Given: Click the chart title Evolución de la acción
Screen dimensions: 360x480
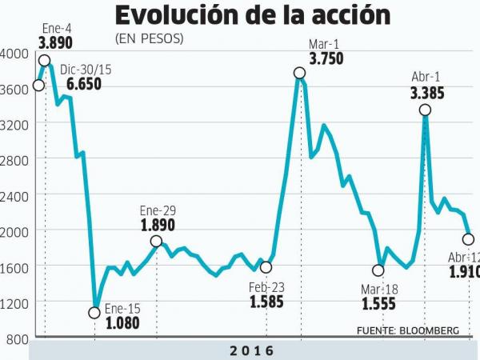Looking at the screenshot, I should [x=253, y=16].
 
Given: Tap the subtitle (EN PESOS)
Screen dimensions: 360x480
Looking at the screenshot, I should [x=149, y=38].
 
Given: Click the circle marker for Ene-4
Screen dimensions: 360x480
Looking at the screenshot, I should [x=45, y=61].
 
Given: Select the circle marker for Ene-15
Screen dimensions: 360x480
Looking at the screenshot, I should [x=94, y=313].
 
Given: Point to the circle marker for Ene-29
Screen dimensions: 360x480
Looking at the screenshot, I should [x=156, y=241].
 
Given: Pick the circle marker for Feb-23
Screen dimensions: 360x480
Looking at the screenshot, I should [x=266, y=267].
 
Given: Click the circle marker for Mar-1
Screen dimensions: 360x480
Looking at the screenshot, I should [x=300, y=73].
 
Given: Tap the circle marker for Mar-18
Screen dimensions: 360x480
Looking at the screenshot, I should [x=378, y=270].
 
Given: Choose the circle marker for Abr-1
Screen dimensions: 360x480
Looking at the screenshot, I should [x=426, y=110].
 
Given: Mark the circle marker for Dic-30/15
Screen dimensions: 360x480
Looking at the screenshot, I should [x=38, y=86].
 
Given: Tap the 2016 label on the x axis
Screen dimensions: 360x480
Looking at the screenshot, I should [x=252, y=350].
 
